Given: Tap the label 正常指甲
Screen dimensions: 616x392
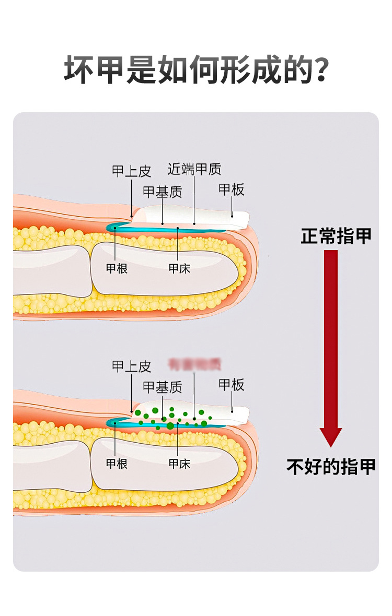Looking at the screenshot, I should point(336,236).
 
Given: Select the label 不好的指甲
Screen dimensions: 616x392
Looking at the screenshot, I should point(331,466).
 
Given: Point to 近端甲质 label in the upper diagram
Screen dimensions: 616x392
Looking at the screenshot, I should point(194,169).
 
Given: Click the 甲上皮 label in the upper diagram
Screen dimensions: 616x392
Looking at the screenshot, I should point(131,171).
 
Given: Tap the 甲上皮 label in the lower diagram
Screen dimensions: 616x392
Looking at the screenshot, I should point(131,366).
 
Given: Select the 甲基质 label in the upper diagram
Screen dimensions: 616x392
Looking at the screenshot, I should point(163,192).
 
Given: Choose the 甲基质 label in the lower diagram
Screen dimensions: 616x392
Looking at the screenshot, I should point(163,387).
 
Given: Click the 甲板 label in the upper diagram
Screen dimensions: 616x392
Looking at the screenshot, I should point(232,189).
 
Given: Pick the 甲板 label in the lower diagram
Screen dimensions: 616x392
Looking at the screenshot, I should point(232,385).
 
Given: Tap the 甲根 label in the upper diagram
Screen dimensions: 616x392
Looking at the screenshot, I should point(117,268).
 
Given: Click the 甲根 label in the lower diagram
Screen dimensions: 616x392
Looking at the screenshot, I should point(117,464).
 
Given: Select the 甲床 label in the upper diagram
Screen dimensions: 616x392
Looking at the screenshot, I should point(179,268).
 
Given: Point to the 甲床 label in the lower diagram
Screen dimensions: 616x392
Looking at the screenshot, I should point(179,464).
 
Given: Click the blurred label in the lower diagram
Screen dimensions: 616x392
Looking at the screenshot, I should point(194,363).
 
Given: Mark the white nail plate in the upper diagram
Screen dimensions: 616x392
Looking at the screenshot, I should point(209,215).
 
